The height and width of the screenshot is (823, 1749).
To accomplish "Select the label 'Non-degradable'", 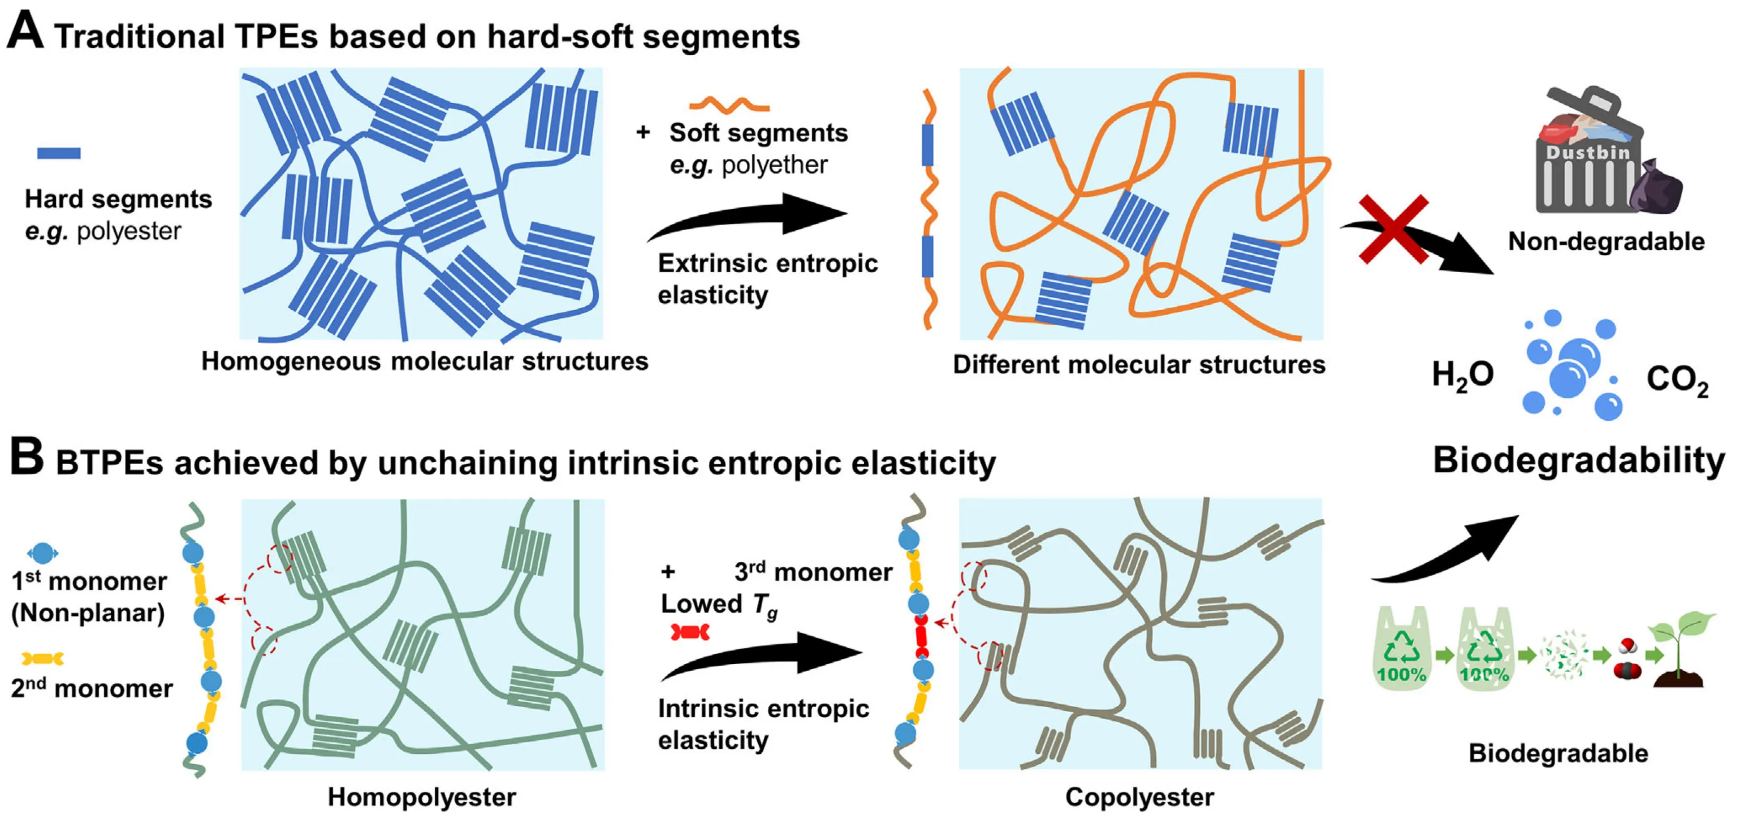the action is click(x=1607, y=241).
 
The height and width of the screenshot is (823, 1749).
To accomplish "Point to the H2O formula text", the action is click(x=1462, y=375).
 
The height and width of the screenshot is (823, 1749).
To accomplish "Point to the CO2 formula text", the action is click(x=1677, y=380).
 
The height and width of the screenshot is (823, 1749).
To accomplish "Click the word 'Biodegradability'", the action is click(x=1579, y=460).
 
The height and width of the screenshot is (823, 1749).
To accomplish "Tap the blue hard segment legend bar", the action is click(x=58, y=153).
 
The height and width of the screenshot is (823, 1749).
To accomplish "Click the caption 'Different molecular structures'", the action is click(x=1139, y=365).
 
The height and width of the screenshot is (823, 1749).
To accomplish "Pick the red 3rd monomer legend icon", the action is click(x=690, y=633).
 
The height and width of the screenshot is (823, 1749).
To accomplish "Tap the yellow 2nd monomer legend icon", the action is click(x=43, y=658).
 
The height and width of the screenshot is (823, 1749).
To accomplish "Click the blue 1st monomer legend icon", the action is click(x=43, y=553).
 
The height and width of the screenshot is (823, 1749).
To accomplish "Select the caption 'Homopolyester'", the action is click(x=422, y=797).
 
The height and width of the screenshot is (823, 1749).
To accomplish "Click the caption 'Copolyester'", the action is click(x=1140, y=797).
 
